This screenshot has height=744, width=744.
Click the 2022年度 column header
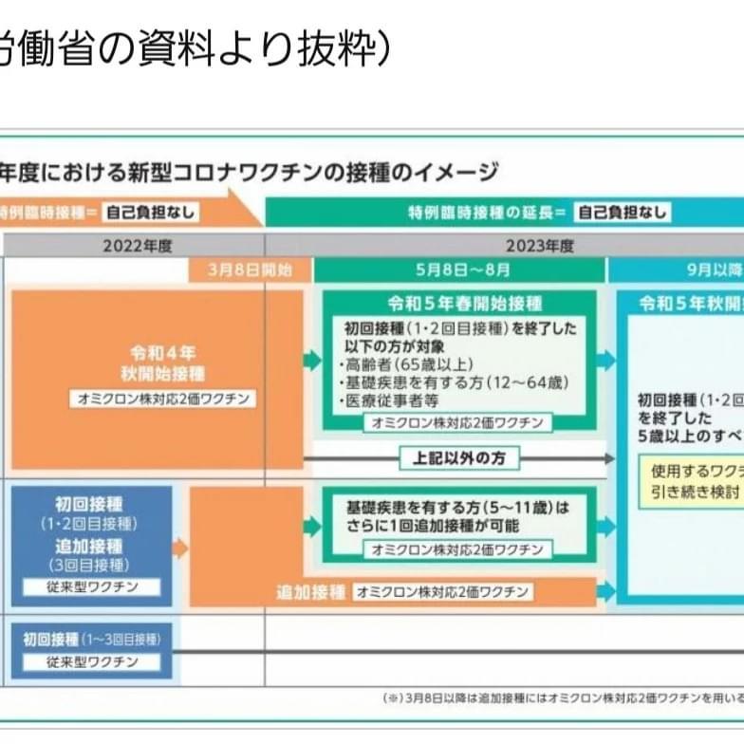139,246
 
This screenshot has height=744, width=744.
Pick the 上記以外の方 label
459,458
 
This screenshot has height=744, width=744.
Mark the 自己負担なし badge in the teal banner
623,213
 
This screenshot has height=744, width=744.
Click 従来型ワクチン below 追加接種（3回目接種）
92,586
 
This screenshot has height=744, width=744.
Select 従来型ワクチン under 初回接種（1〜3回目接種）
92,661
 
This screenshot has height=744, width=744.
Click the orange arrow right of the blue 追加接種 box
180,548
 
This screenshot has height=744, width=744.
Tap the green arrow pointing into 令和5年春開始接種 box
312,360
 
